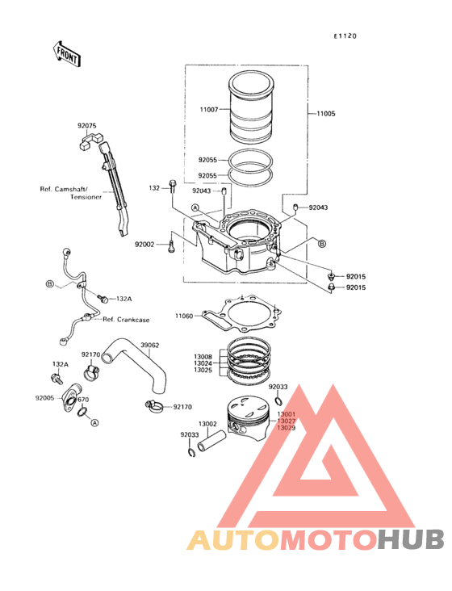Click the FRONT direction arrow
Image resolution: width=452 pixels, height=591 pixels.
[67, 54]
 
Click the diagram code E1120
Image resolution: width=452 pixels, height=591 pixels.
[345, 36]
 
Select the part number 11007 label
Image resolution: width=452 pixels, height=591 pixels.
[209, 110]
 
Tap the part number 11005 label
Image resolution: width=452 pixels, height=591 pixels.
[326, 114]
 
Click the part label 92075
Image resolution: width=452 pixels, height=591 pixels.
[87, 125]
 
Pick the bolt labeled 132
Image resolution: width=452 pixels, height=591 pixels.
[173, 187]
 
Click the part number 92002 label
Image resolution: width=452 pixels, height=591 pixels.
[144, 245]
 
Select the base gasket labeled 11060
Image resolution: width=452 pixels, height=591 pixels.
[243, 314]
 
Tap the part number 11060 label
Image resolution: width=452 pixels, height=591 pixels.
[184, 316]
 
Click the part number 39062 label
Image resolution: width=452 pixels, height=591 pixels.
[149, 345]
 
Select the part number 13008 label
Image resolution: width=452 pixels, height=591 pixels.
[203, 357]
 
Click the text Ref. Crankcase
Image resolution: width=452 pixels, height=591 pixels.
[126, 320]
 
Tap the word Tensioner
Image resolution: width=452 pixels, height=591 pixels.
[86, 197]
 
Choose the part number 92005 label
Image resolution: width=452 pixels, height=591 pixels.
[45, 398]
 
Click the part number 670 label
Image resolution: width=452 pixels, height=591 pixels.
[83, 400]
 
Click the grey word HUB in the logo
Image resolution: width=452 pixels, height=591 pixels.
[411, 539]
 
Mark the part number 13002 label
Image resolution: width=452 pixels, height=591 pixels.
[207, 424]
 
